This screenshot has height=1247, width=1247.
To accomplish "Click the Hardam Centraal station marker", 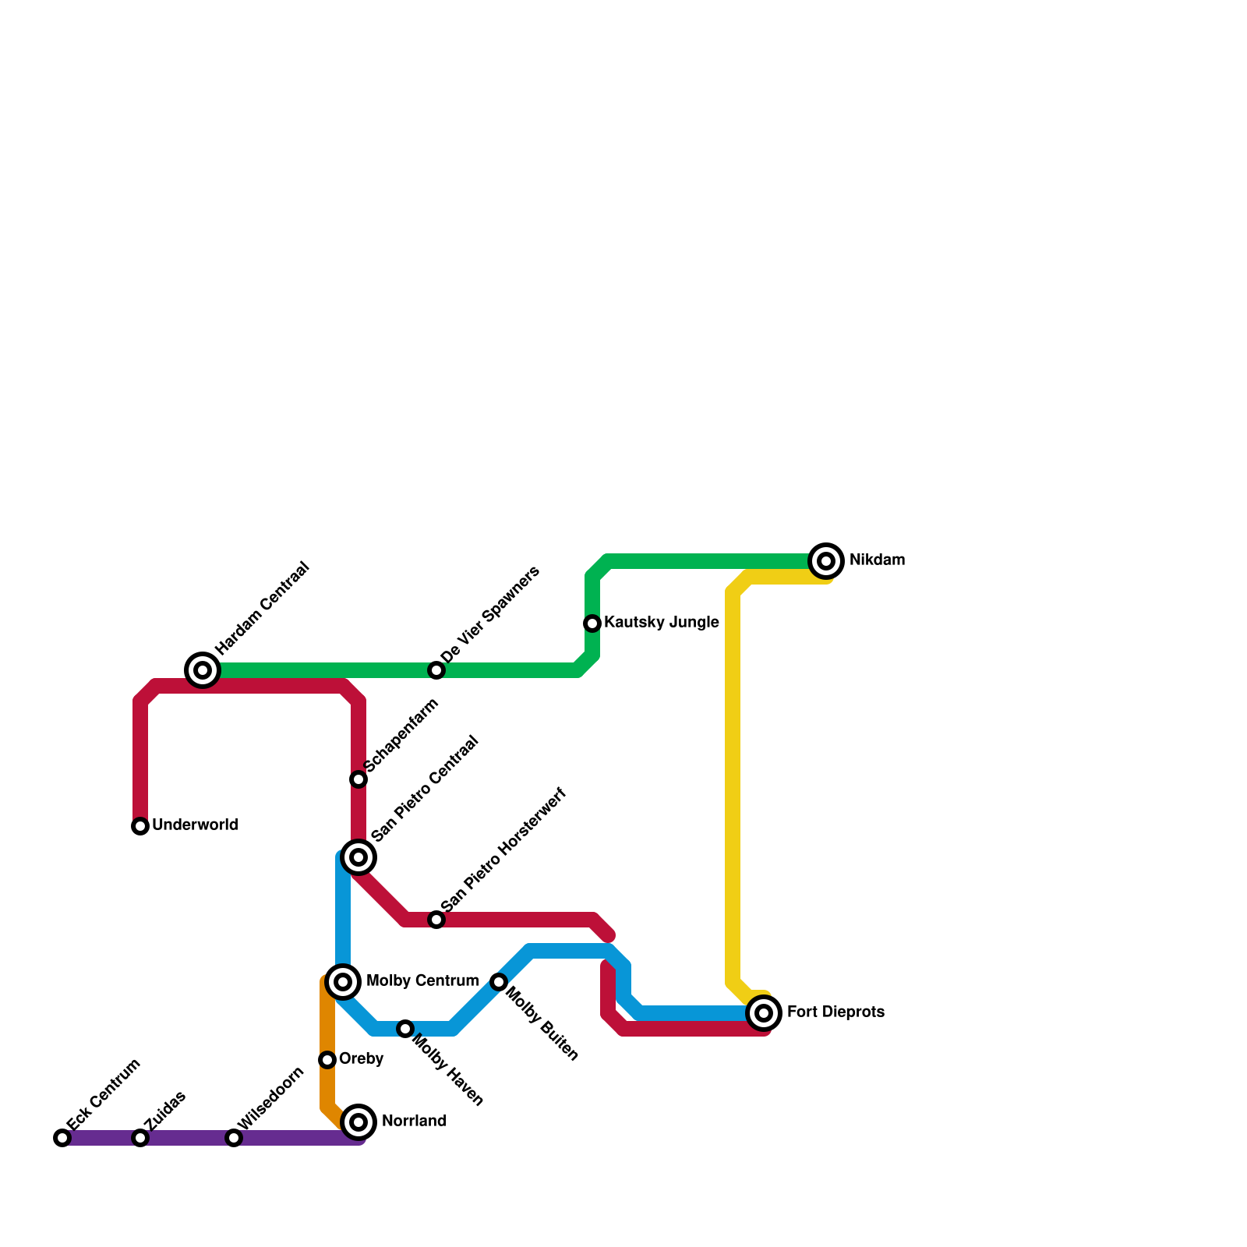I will tap(203, 670).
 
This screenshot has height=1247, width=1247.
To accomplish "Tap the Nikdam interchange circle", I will tap(827, 560).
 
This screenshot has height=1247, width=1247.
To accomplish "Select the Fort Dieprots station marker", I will tap(765, 1013).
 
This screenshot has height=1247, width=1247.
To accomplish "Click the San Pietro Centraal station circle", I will tap(359, 857).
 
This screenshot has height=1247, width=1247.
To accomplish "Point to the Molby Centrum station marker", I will tap(343, 982).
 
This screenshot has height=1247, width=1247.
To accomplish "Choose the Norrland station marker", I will tap(359, 1122).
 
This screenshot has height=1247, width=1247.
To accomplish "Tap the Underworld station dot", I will tap(140, 826).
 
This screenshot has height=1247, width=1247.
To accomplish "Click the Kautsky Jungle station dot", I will tap(592, 623).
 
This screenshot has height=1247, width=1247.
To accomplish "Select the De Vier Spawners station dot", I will tap(436, 670).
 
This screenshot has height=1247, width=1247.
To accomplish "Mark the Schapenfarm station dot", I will tap(359, 779).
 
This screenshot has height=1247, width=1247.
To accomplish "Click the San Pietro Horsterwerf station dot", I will tap(436, 920).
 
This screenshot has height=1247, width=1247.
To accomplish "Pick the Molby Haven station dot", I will tap(405, 1029).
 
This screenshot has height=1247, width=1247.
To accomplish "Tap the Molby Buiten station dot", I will tap(499, 982).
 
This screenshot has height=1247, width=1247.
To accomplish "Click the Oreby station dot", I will tap(327, 1060).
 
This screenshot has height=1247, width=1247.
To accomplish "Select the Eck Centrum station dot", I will tap(62, 1138).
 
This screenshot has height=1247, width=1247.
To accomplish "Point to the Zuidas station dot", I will tap(140, 1138).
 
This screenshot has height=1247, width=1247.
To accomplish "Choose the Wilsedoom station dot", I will tap(234, 1138).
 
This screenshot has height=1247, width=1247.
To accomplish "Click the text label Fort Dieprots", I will tap(835, 1012).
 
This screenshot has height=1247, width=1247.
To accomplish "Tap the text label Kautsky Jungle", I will tap(661, 623).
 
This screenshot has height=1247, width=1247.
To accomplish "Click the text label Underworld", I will tap(195, 825).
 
